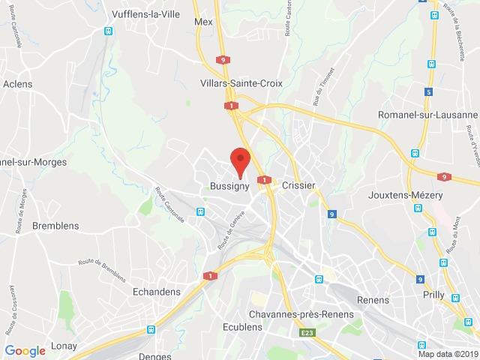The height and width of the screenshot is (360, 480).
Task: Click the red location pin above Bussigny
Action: pos(240,160)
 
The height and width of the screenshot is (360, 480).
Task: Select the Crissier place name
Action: pos(298,185)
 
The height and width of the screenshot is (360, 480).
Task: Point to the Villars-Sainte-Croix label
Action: pos(241,83)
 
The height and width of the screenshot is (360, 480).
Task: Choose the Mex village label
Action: pos(203,22)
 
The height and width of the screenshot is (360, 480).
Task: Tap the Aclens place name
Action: pos(17,84)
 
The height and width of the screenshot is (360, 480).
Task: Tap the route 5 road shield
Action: pos(429,92)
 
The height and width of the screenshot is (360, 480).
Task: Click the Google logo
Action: pos(25,350)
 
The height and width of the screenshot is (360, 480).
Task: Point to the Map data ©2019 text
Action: pos(447,354)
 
